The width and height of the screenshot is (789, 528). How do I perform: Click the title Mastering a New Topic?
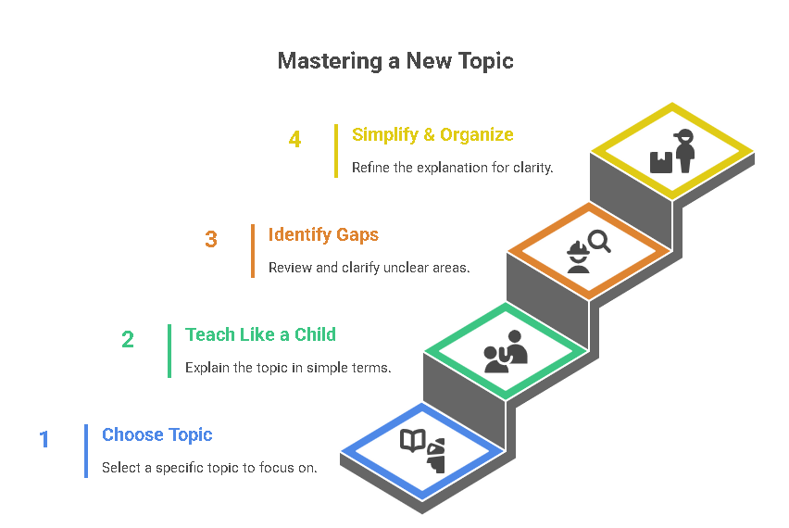[x=394, y=61]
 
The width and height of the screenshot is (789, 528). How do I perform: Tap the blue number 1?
[x=44, y=439]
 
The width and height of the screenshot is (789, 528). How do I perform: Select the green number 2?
[x=127, y=339]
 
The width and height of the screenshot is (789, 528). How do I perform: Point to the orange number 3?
[x=211, y=239]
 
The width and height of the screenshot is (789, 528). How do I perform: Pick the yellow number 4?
[x=294, y=139]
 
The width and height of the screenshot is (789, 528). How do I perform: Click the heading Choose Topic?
[x=157, y=434]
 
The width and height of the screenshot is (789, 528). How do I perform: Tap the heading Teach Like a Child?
[x=260, y=334]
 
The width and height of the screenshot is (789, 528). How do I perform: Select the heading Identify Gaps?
[x=323, y=234]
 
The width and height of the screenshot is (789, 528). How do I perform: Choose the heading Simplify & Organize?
[x=432, y=134]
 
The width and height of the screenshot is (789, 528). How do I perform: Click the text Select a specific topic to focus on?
[x=209, y=468]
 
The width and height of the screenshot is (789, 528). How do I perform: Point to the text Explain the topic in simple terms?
[x=288, y=368]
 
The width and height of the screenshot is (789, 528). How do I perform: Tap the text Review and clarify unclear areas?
[x=369, y=268]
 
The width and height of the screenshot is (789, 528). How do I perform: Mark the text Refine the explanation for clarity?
[x=452, y=168]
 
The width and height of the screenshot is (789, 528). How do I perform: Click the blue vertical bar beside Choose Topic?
[x=86, y=451]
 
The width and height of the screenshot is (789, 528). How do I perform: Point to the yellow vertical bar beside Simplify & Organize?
[x=336, y=151]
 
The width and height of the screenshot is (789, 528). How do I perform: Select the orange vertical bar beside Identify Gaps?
[x=253, y=251]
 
